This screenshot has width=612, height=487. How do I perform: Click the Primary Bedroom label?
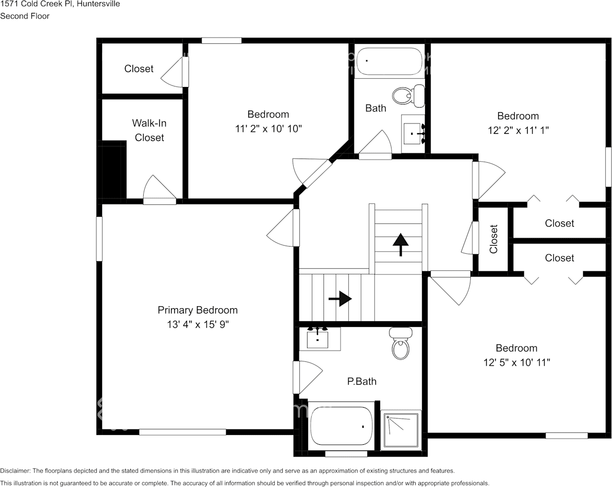[197, 310]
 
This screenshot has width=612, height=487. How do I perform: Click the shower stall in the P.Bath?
[401, 429]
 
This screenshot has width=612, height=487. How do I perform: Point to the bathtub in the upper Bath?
[389, 62]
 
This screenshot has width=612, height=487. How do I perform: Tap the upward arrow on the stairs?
[400, 243]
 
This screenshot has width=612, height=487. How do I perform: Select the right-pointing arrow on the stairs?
[340, 298]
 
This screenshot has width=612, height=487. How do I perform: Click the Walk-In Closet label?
[149, 130]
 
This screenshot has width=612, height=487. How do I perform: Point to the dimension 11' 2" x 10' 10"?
[268, 129]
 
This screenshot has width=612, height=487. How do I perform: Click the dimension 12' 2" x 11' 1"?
[518, 130]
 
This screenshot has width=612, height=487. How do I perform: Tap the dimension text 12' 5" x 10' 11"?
[516, 362]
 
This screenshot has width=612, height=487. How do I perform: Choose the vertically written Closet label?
[494, 238]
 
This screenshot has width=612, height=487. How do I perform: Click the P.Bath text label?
[361, 381]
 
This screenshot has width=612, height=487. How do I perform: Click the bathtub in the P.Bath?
[341, 426]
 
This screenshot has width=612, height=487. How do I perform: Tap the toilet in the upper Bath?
[408, 95]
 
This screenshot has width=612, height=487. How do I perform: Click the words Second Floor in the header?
[25, 16]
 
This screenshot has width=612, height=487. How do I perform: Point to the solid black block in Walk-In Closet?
[112, 169]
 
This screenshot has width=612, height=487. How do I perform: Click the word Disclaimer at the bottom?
[15, 471]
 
